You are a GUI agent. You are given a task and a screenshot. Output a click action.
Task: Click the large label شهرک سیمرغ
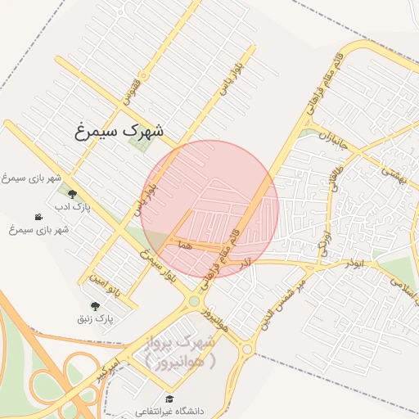[x=119, y=130]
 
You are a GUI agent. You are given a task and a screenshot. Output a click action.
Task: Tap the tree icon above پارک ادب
[x=73, y=194]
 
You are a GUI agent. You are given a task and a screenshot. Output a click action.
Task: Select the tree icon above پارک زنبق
[x=106, y=305]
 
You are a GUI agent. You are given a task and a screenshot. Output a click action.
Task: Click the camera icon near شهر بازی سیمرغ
[x=38, y=217]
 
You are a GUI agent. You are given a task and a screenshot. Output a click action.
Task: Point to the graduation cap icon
[x=169, y=399]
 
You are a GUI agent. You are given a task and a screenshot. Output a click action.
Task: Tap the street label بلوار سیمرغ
[x=157, y=262]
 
